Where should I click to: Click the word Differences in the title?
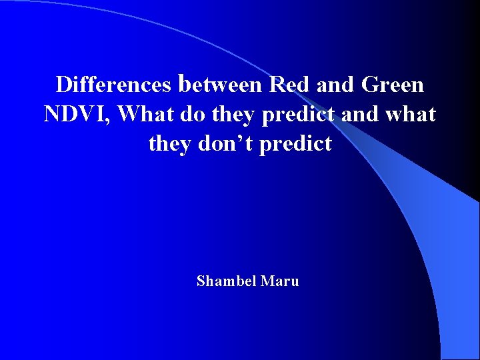pyautogui.click(x=113, y=85)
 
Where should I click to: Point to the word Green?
pyautogui.click(x=392, y=85)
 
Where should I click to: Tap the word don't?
pyautogui.click(x=226, y=144)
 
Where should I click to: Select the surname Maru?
pyautogui.click(x=280, y=281)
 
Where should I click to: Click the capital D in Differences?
pyautogui.click(x=64, y=85)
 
